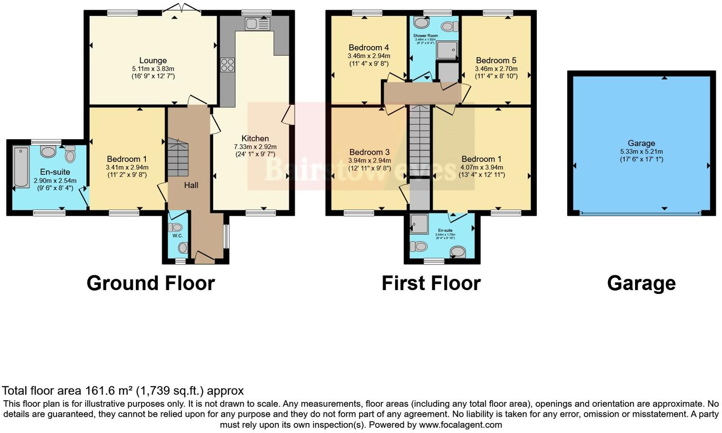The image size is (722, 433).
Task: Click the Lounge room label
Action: tap(153, 60)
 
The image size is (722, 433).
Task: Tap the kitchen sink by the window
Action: tap(257, 24)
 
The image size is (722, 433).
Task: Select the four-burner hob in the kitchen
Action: tap(228, 65)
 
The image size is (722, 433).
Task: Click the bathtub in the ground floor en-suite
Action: tap(21, 167)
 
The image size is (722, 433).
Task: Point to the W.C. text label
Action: tap(178, 235)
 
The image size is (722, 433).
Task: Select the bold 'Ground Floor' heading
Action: tap(151, 283)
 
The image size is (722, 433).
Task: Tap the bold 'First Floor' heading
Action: tap(431, 283)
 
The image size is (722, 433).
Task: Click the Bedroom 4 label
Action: tap(369, 47)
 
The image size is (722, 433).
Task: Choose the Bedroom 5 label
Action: tap(496, 60)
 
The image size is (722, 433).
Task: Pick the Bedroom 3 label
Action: tap(369, 152)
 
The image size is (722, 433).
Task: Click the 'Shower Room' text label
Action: tap(425, 36)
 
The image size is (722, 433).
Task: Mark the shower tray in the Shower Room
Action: tap(447, 50)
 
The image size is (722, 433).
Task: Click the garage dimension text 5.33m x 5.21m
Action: tap(641, 151)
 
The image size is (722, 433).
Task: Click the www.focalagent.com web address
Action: tap(460, 424)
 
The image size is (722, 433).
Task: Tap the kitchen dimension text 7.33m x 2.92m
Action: tap(255, 147)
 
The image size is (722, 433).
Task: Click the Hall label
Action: tap(191, 185)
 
